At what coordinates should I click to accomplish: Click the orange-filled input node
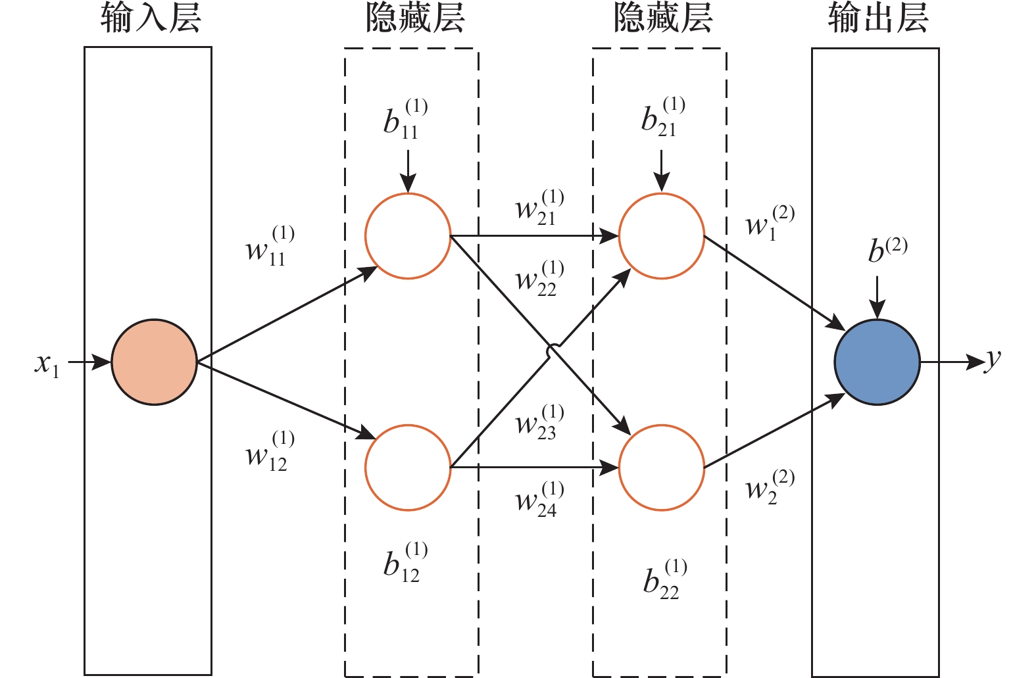(x=154, y=362)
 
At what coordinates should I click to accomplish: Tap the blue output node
(x=877, y=362)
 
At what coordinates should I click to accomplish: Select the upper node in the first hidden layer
(x=408, y=236)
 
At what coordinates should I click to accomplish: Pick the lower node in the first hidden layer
(x=408, y=468)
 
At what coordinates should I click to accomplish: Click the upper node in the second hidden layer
(x=661, y=236)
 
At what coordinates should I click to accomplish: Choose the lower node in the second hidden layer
(x=661, y=468)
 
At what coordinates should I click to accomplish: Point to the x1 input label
(x=47, y=364)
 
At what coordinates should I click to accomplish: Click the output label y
(x=993, y=360)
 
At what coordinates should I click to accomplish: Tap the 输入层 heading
(x=151, y=18)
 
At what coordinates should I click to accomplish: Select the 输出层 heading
(x=877, y=18)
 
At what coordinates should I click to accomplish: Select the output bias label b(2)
(x=887, y=251)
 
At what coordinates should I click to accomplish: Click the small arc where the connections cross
(x=553, y=351)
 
